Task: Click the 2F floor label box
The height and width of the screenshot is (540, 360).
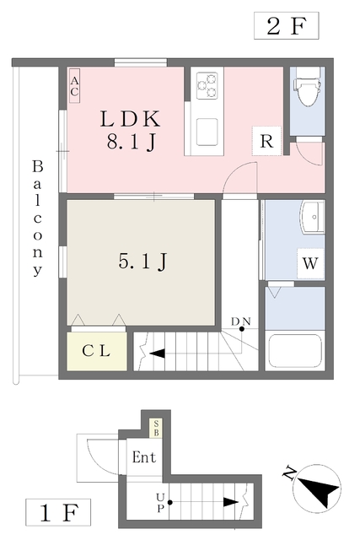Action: click(287, 25)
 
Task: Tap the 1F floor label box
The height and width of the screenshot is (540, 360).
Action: click(58, 512)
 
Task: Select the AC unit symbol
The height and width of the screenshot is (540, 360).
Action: click(75, 86)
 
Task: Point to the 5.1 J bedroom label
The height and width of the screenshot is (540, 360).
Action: click(142, 261)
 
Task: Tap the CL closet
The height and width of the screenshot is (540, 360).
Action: click(97, 351)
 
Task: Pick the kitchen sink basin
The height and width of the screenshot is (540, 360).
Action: click(207, 132)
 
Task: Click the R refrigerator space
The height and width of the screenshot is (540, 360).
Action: click(266, 141)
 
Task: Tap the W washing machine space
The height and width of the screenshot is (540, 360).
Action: click(310, 263)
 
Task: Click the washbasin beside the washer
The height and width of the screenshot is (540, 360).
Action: click(313, 218)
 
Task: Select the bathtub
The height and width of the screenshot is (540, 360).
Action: click(295, 351)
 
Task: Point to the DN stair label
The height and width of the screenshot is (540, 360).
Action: click(241, 321)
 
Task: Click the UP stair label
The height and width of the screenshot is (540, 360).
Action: click(160, 503)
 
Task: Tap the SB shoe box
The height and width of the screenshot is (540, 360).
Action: click(156, 428)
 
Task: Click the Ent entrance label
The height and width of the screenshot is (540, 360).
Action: click(144, 457)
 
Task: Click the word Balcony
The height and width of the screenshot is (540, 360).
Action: click(37, 218)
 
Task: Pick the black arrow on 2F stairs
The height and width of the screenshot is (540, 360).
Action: click(157, 354)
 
